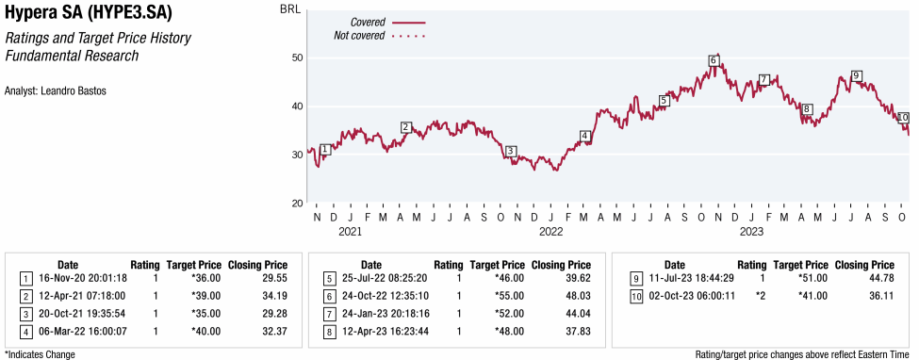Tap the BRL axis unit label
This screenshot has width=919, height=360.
click(290, 8)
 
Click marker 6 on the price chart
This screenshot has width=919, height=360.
click(713, 61)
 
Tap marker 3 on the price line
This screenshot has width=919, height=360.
click(510, 151)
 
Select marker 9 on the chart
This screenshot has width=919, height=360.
click(856, 75)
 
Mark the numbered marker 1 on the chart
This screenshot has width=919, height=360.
click(324, 149)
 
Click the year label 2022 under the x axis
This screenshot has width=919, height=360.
click(550, 231)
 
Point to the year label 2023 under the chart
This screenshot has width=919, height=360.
click(751, 231)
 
